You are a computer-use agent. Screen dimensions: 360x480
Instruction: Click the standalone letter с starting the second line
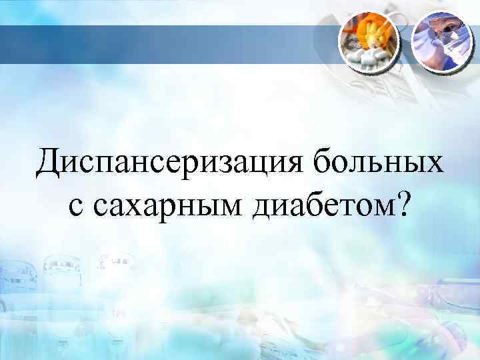coord(75,207)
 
